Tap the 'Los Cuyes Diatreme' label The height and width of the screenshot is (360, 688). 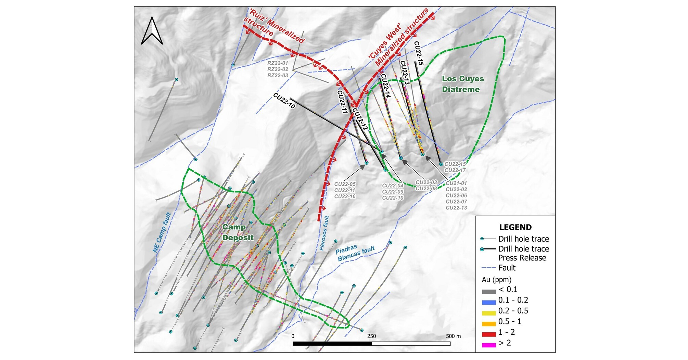[462, 84]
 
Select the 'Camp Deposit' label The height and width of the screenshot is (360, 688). [238, 232]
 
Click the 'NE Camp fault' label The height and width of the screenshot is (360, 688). [162, 233]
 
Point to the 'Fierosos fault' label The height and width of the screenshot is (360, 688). [324, 233]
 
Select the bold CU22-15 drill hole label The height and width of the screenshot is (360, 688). [419, 53]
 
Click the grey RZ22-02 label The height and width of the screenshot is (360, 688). [278, 69]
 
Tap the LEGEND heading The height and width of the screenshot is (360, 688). [515, 227]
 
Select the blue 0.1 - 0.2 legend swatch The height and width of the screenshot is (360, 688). [488, 302]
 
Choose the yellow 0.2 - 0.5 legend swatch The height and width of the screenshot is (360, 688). [488, 313]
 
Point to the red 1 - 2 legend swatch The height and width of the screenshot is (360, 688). [488, 334]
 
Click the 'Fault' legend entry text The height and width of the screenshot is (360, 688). [507, 268]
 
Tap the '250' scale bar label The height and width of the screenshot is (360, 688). [371, 336]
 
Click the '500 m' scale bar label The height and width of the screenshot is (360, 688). [453, 336]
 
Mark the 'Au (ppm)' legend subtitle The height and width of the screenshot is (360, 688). [496, 280]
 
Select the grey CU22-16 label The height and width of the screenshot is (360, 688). [345, 196]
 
